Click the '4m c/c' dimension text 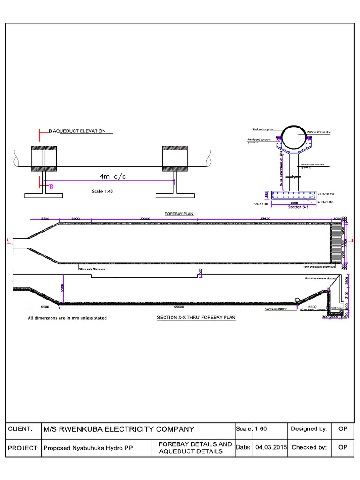tap(112, 176)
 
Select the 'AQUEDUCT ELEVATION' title tap(80, 131)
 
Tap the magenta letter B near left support tap(52, 187)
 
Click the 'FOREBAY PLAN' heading tap(179, 214)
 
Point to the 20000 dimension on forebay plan tap(145, 218)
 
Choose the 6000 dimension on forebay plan tap(75, 218)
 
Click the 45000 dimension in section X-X tap(178, 307)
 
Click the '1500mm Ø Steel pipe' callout tap(318, 133)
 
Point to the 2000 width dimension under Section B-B tap(294, 203)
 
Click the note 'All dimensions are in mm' tap(67, 318)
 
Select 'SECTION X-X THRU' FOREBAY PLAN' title tap(196, 317)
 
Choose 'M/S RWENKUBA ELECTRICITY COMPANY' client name tap(119, 428)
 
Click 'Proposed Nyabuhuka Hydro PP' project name tap(88, 448)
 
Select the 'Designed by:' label tap(309, 428)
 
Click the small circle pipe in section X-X tap(297, 300)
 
